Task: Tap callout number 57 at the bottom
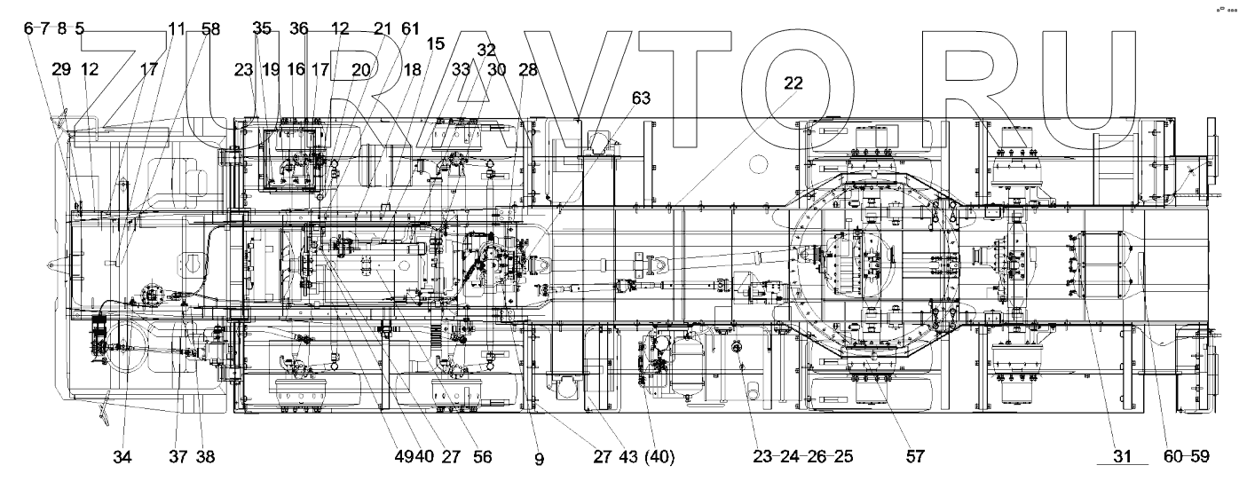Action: (x=915, y=457)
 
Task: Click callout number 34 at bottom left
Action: (x=122, y=457)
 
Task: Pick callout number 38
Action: (x=205, y=457)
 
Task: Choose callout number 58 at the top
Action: (x=210, y=28)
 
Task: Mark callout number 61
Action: (x=409, y=28)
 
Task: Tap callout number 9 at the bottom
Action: (x=540, y=459)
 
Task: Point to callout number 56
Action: (x=481, y=457)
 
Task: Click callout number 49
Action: (x=404, y=457)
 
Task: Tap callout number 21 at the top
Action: (x=383, y=28)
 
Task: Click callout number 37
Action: (x=178, y=457)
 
